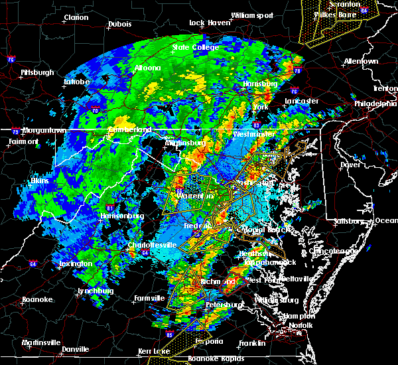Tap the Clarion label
click(x=76, y=17)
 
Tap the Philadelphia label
click(x=375, y=104)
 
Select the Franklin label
click(x=253, y=343)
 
